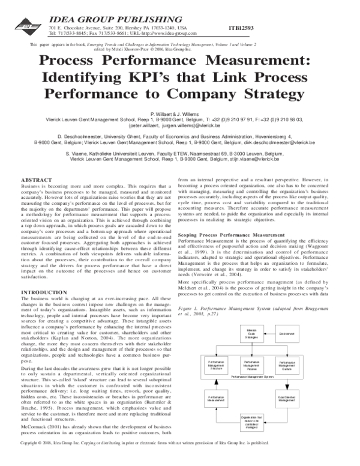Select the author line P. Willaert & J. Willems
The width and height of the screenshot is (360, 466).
(x=179, y=113)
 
